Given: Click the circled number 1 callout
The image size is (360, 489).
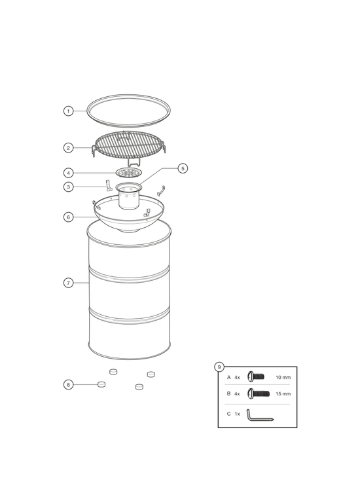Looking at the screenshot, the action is pos(68,111).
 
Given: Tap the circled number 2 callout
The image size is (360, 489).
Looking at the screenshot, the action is pos(68,148).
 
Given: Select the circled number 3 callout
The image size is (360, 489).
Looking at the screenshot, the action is pos(68,187).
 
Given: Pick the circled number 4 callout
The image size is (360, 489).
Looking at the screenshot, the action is pos(68,173).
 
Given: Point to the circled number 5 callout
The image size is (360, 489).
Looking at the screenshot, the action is pos(183,168).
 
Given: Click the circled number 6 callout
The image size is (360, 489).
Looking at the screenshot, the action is pos(68,217).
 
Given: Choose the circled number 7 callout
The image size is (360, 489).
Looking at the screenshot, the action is pos(68,283).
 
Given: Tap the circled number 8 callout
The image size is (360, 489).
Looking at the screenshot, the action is pos(68,385).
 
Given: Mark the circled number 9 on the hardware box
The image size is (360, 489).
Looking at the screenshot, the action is pos(219,367).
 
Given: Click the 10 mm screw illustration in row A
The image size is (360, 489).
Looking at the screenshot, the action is pos(256,376).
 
